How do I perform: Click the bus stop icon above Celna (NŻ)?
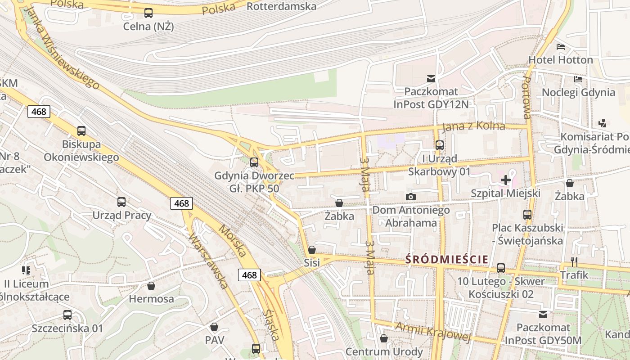148,13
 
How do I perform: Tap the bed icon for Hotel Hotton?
560,46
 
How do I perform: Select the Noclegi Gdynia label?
578,92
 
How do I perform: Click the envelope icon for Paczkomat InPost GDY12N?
431,79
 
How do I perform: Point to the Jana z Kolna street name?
473,126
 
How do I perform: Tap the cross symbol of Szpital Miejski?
505,180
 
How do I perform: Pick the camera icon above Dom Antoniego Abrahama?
410,197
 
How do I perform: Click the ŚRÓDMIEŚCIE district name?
446,259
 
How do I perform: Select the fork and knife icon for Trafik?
574,261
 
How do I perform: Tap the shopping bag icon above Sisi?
311,249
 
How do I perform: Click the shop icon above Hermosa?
151,286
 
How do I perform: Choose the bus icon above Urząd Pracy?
121,202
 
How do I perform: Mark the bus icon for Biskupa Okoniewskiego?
81,131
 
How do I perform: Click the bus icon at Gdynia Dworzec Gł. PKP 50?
254,162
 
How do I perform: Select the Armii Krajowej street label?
432,332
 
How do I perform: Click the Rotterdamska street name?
282,6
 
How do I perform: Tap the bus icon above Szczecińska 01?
67,315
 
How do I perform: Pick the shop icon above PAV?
214,326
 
